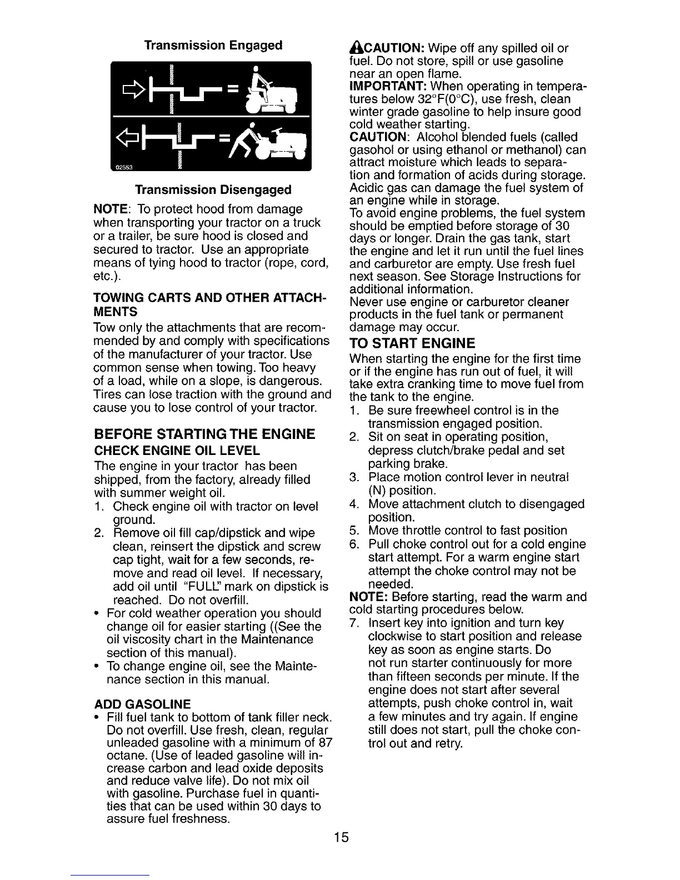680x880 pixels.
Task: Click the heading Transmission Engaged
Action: click(213, 45)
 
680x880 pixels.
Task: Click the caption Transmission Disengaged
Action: click(213, 189)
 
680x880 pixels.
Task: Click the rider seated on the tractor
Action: click(259, 83)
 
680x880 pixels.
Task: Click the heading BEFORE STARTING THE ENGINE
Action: click(204, 433)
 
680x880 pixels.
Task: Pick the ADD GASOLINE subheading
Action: click(143, 704)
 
